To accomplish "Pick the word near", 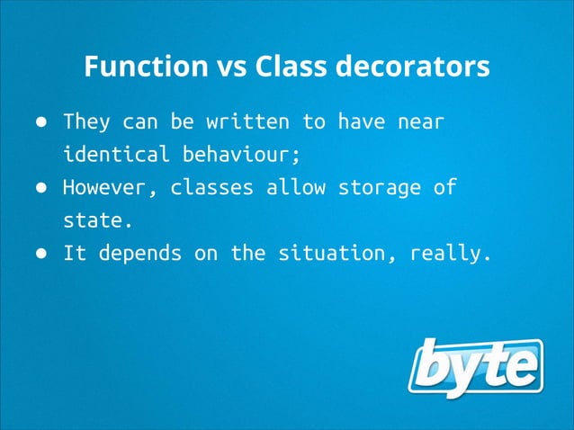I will [421, 121].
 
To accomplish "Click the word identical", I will [116, 154].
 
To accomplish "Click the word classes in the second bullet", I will [211, 188].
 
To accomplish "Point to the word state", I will [98, 220].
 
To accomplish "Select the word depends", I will [139, 254].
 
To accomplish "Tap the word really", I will [450, 254].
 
